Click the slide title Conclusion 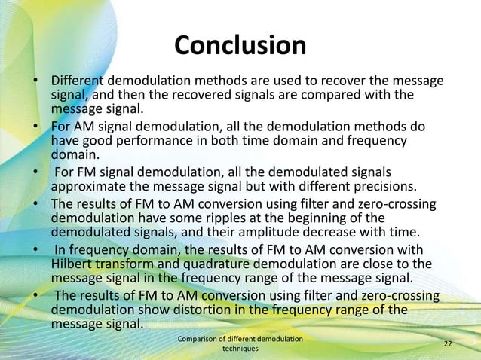240,46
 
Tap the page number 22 448,344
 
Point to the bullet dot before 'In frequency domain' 35,249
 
